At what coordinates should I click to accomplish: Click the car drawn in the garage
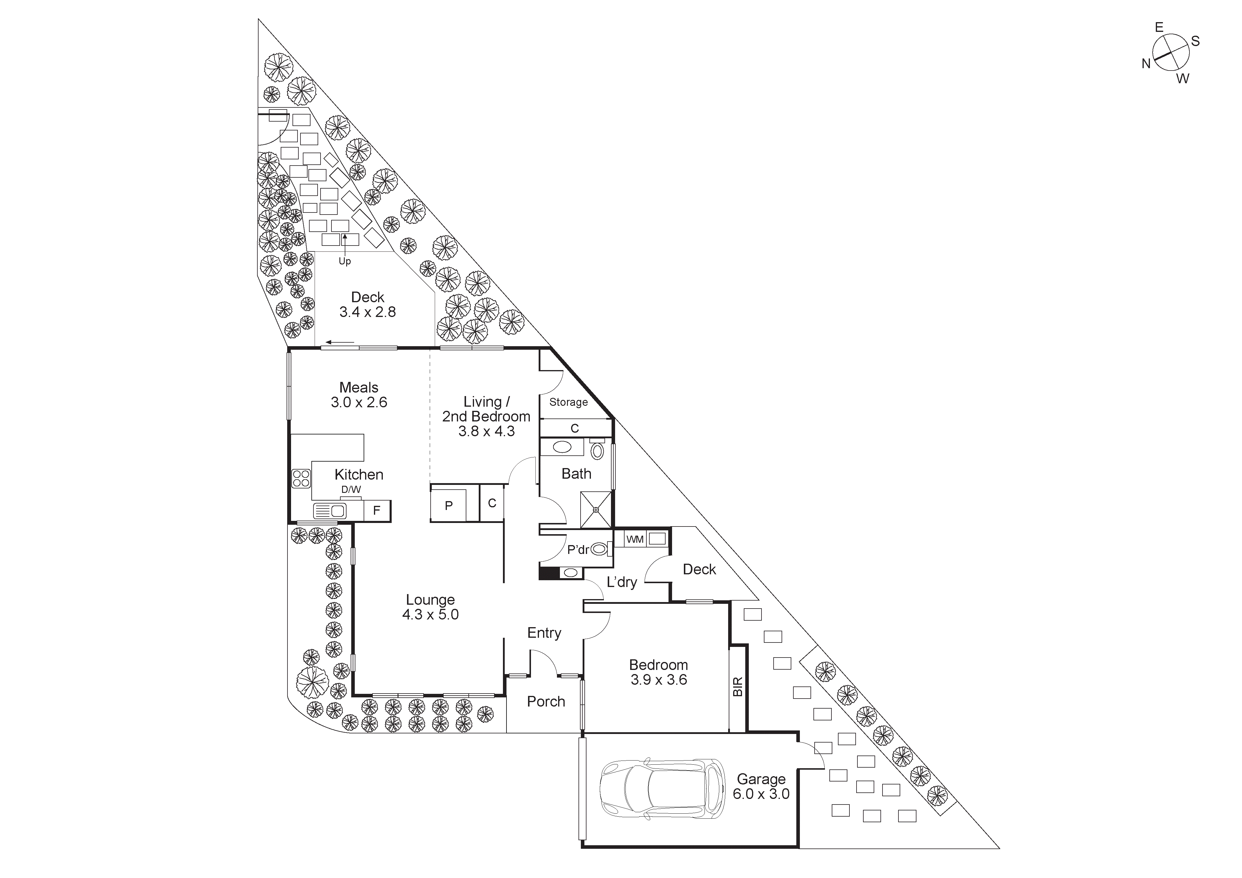pyautogui.click(x=662, y=788)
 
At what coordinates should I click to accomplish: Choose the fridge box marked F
pyautogui.click(x=377, y=510)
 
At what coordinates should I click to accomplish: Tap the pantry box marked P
pyautogui.click(x=448, y=505)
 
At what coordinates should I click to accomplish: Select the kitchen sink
pyautogui.click(x=330, y=511)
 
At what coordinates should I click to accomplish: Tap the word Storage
pyautogui.click(x=568, y=402)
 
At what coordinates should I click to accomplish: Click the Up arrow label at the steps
pyautogui.click(x=344, y=261)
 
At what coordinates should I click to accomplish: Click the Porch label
pyautogui.click(x=546, y=701)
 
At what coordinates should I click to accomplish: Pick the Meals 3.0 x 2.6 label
pyautogui.click(x=359, y=395)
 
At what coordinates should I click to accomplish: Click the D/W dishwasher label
pyautogui.click(x=351, y=490)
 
